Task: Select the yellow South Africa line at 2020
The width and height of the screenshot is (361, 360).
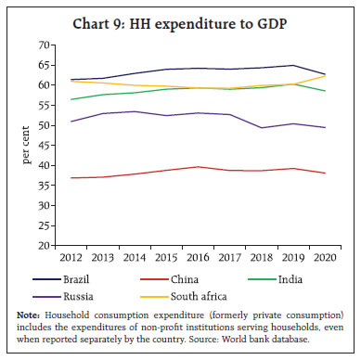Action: [x=322, y=75]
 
